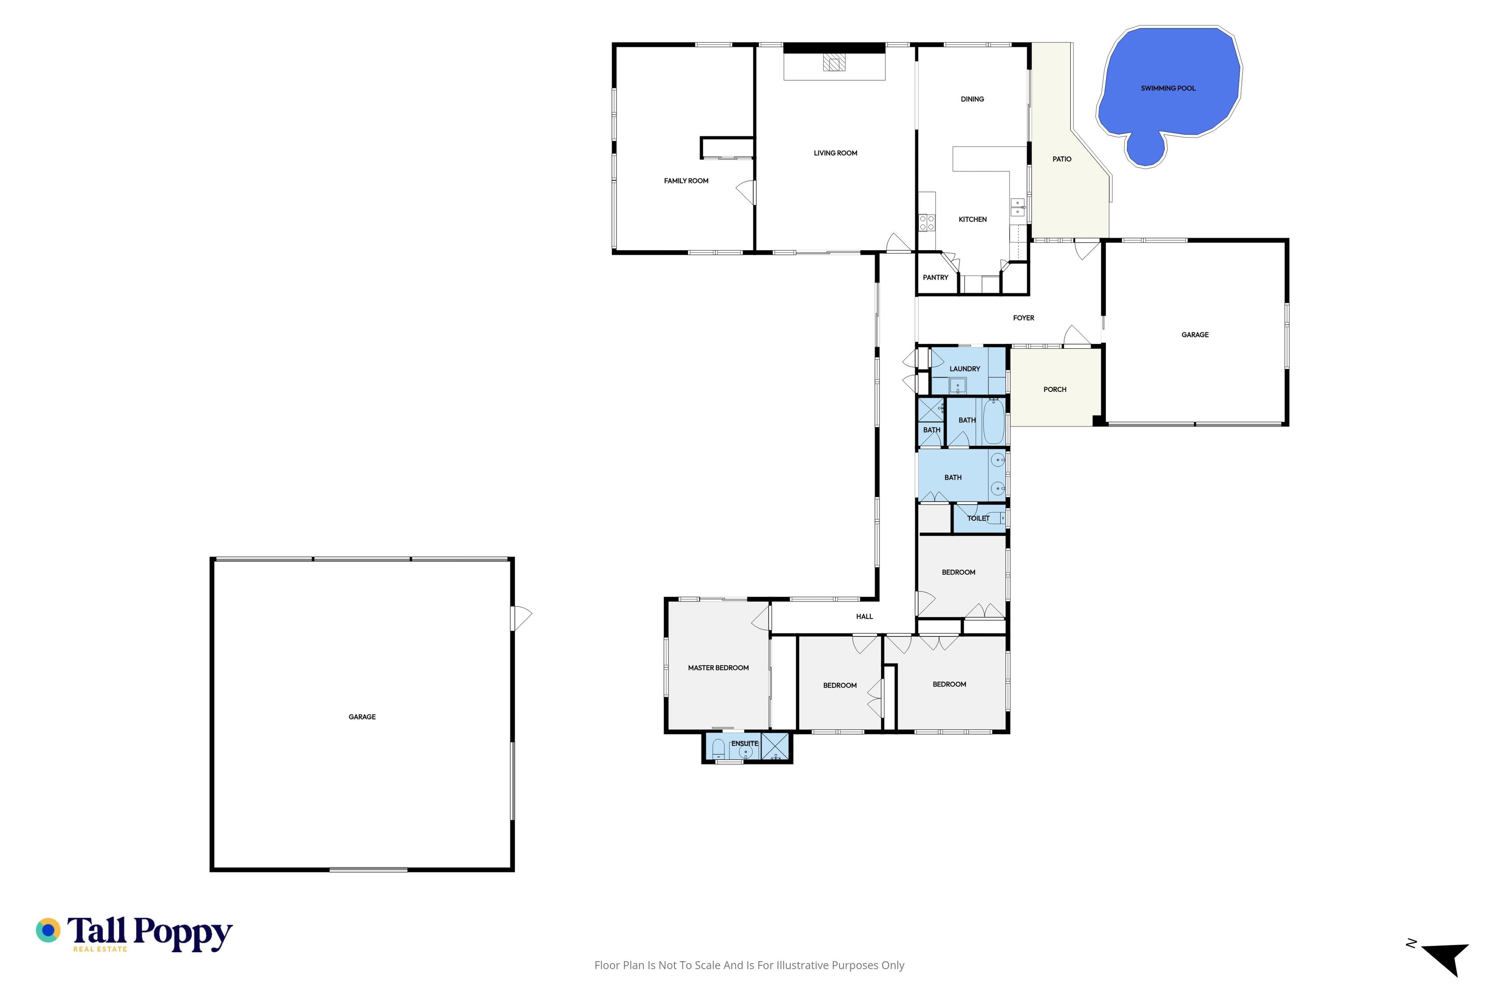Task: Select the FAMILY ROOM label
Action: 686,181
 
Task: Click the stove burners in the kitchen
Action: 927,222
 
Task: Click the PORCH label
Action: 1055,389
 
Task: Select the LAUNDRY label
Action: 964,369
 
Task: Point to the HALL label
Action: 864,617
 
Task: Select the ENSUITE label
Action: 744,743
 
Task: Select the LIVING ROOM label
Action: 835,153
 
